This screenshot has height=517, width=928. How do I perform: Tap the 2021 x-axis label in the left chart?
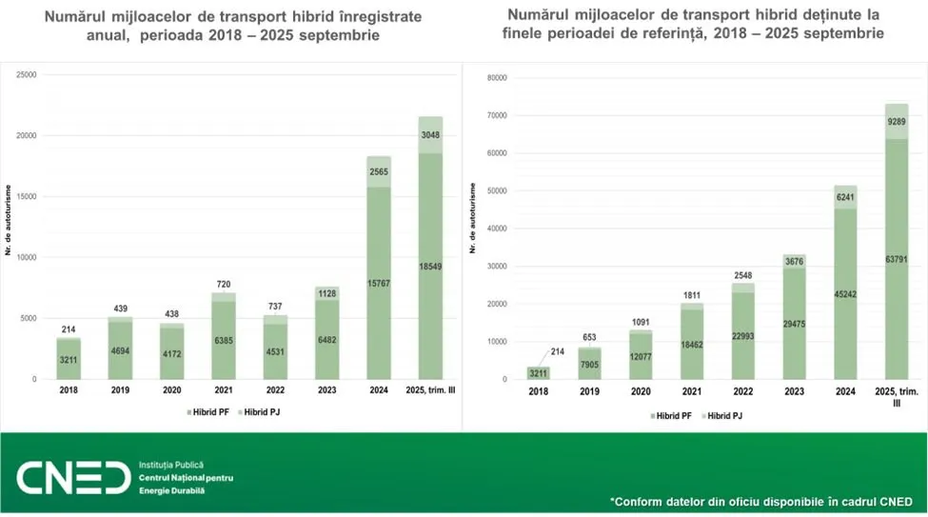(222, 390)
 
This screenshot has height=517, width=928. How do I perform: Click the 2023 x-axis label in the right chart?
(789, 390)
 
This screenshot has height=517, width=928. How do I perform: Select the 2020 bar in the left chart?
(170, 353)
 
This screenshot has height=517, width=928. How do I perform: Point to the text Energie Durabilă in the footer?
(171, 490)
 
